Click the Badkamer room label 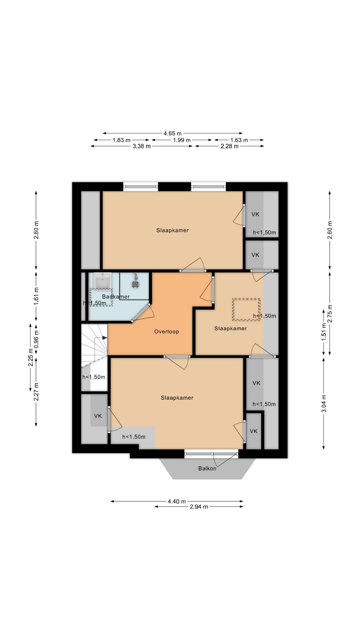[x=116, y=296]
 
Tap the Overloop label [x=166, y=331]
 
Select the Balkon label [x=207, y=468]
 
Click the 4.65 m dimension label [x=172, y=133]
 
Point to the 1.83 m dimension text [x=121, y=140]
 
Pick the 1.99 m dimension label [x=182, y=140]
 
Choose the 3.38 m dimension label [x=142, y=146]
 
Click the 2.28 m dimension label [x=229, y=146]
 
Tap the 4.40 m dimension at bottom [x=177, y=501]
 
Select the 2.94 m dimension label [x=199, y=507]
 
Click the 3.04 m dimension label [x=323, y=403]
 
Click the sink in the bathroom [x=103, y=280]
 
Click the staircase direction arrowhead [x=105, y=338]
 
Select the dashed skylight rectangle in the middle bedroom [x=246, y=309]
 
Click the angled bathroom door [x=141, y=313]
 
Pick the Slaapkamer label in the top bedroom [x=173, y=230]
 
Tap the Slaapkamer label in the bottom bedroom [x=177, y=397]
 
